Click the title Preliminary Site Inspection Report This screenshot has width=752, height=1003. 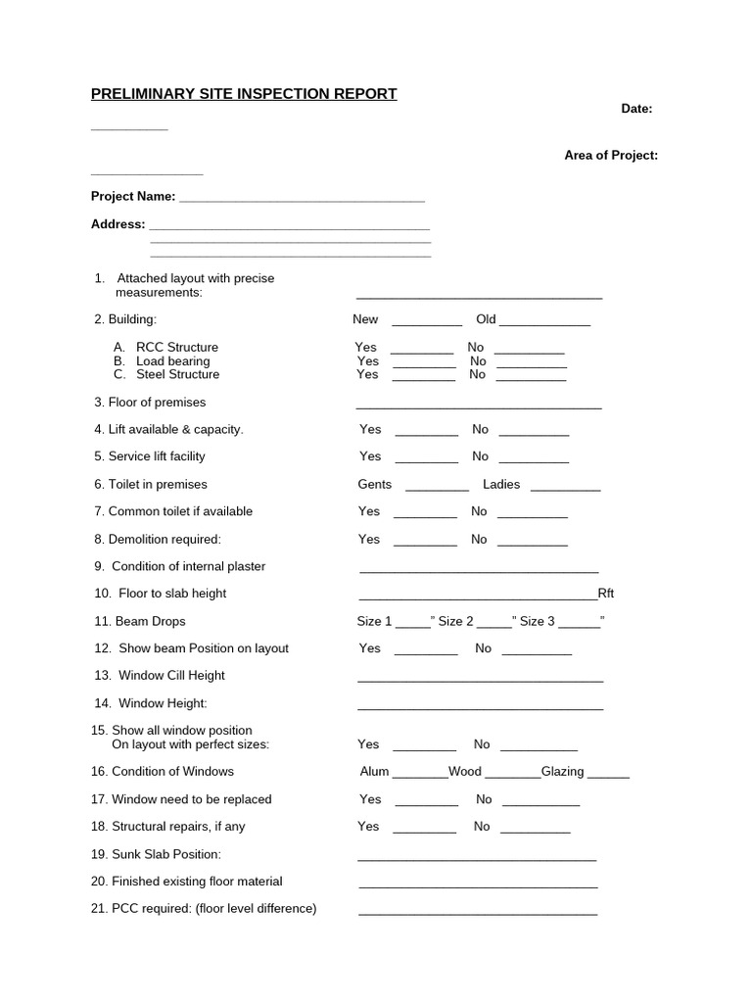click(244, 94)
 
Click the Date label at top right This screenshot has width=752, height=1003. click(636, 109)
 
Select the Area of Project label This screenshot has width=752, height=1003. click(611, 155)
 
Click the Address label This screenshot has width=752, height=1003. click(117, 223)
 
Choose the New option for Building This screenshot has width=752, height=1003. click(365, 319)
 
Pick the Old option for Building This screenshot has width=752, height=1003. click(486, 319)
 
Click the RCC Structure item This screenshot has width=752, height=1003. click(176, 347)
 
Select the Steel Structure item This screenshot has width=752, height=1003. click(177, 374)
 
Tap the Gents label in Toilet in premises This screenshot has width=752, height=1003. click(374, 484)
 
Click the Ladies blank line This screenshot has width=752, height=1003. click(565, 487)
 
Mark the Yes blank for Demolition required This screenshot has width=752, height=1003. click(425, 543)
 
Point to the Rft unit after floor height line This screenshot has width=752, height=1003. click(606, 594)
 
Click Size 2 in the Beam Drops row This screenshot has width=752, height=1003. click(455, 621)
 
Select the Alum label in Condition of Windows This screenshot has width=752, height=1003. click(374, 772)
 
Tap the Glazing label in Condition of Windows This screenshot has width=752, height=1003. click(562, 772)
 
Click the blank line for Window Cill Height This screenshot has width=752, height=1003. click(480, 679)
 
